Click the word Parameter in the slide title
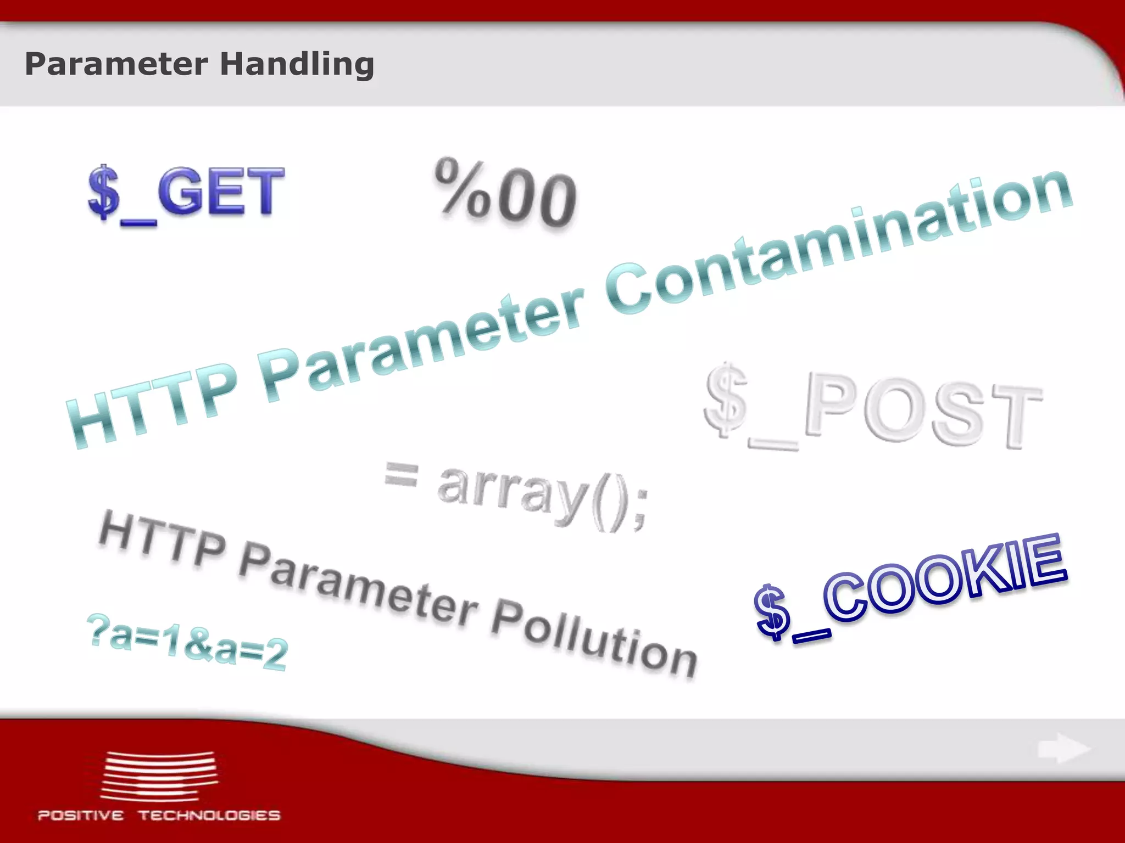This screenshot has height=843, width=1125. coord(116,64)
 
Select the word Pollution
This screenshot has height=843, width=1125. coord(593,637)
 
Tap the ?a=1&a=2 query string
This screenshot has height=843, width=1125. coord(187,642)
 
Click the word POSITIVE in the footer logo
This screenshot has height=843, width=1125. coord(81,816)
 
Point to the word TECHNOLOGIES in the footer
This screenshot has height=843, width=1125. coord(209,816)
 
